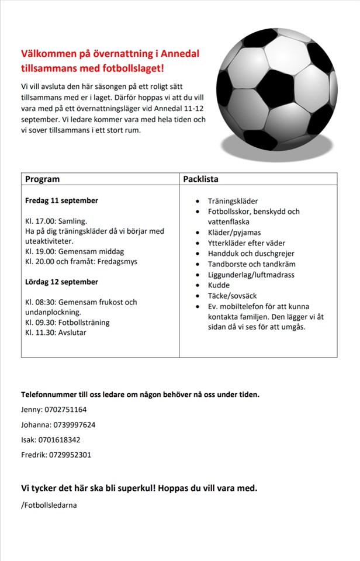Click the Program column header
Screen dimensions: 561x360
tap(42, 179)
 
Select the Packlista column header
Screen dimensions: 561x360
tap(200, 179)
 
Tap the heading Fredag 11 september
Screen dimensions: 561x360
tap(61, 200)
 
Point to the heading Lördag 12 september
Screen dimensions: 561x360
tap(61, 282)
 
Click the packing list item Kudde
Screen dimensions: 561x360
tap(219, 285)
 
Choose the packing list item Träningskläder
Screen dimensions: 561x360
tap(233, 201)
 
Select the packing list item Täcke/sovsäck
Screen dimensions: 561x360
tap(232, 296)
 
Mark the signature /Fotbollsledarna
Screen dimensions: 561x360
tap(49, 505)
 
